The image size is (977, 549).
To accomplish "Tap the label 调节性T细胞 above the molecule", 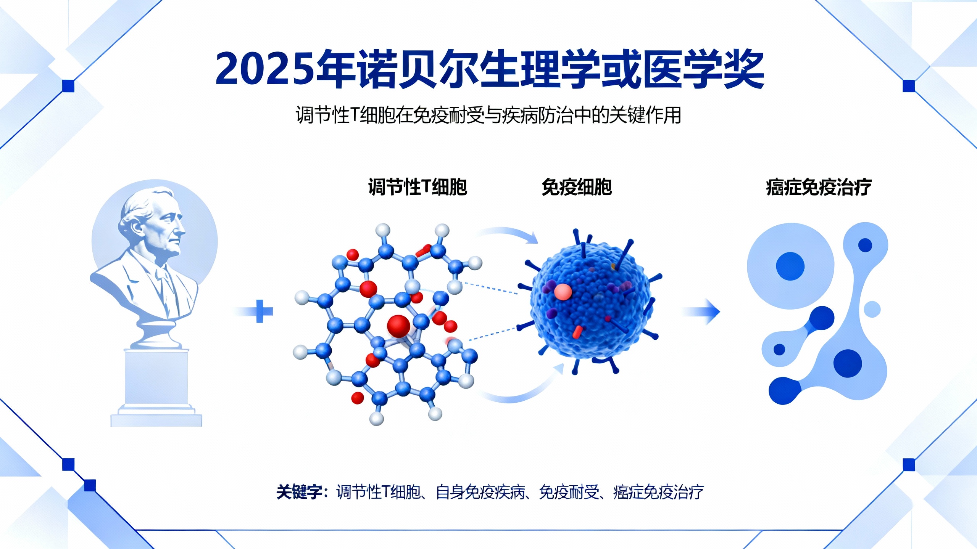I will point(418,187).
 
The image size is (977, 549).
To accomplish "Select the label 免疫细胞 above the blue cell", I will point(577,187).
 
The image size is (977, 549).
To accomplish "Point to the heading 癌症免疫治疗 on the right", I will point(819,187).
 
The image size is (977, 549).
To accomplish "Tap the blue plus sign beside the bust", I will point(260,311).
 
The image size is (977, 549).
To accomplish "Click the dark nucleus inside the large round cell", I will point(790,266).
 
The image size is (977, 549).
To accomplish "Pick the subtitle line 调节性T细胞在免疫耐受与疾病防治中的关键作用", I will point(488,115).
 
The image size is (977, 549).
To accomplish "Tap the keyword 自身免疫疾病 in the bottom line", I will point(480,492).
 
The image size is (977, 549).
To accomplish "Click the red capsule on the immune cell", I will point(577,332).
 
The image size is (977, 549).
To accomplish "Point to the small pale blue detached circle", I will point(872,309).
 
